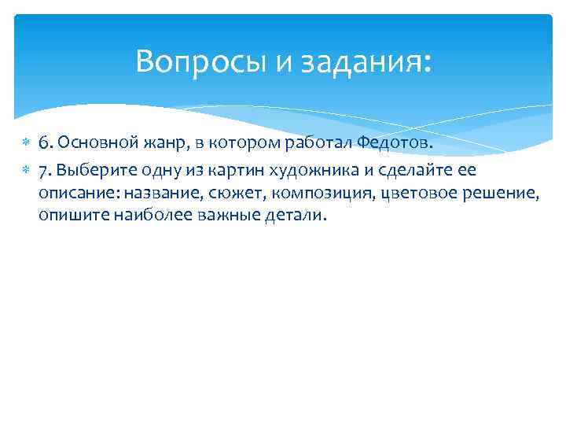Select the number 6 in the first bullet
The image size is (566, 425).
pyautogui.click(x=44, y=141)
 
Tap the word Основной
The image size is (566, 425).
pyautogui.click(x=90, y=141)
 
